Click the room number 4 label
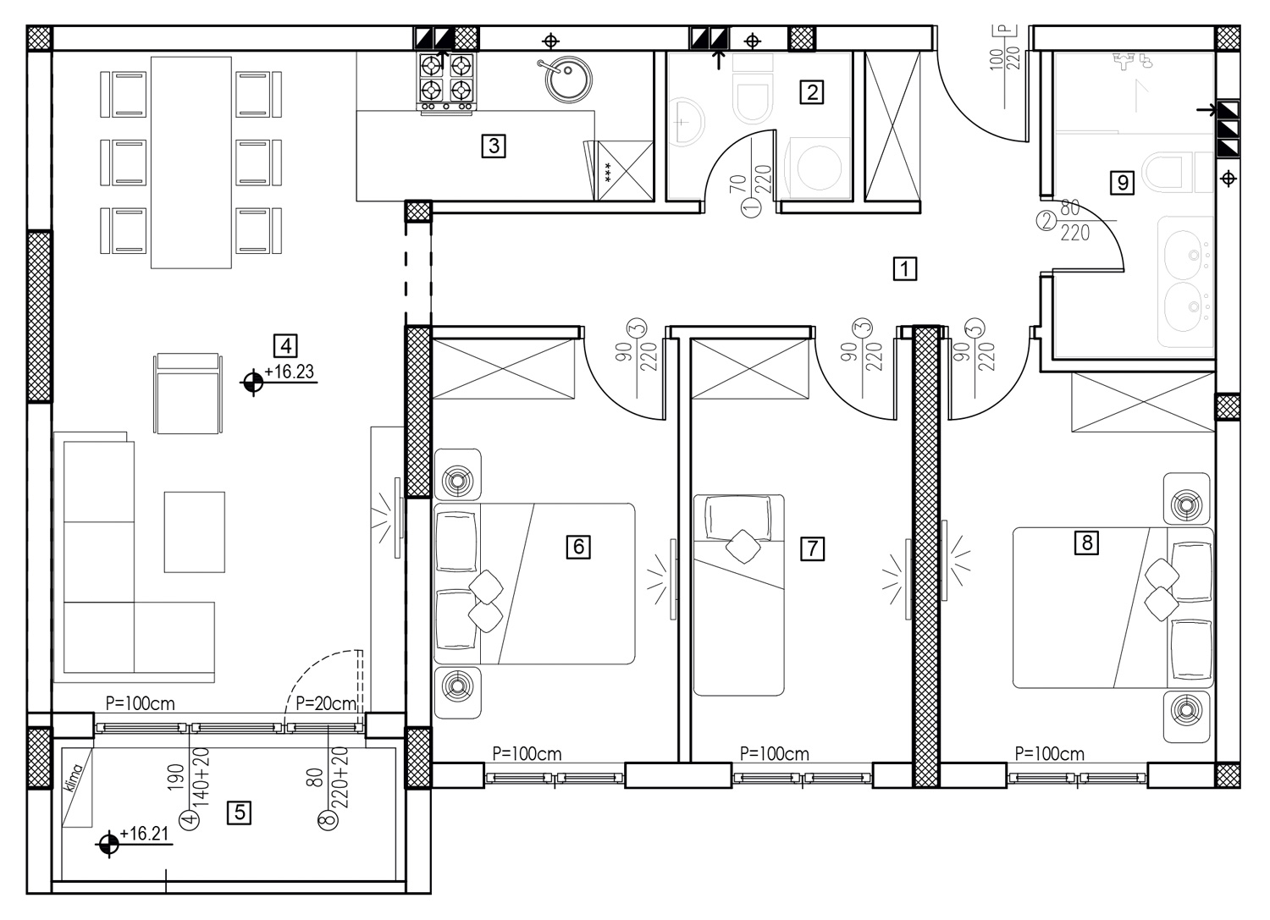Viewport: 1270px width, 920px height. pyautogui.click(x=286, y=345)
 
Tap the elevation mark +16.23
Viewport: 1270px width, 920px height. pyautogui.click(x=290, y=372)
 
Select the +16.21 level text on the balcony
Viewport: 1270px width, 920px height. pyautogui.click(x=144, y=834)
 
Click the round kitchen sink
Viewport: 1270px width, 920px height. pyautogui.click(x=568, y=80)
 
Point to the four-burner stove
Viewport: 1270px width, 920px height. pyautogui.click(x=447, y=81)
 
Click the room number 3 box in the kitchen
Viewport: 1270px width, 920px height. pyautogui.click(x=494, y=146)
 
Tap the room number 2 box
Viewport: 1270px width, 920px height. pyautogui.click(x=812, y=91)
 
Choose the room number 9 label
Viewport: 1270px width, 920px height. pyautogui.click(x=1123, y=183)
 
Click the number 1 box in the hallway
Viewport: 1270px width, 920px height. pyautogui.click(x=905, y=268)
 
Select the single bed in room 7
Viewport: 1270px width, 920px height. pyautogui.click(x=739, y=595)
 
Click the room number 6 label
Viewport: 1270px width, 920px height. pyautogui.click(x=578, y=547)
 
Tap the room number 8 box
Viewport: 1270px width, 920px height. pyautogui.click(x=1087, y=543)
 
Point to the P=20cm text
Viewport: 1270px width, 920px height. pyautogui.click(x=326, y=704)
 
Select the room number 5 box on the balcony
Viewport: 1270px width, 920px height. pyautogui.click(x=240, y=813)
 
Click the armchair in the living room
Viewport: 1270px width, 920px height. pyautogui.click(x=188, y=394)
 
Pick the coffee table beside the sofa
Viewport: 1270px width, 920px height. pyautogui.click(x=195, y=532)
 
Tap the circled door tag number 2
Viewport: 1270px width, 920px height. pyautogui.click(x=1046, y=221)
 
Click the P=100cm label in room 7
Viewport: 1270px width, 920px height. pyautogui.click(x=775, y=754)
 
